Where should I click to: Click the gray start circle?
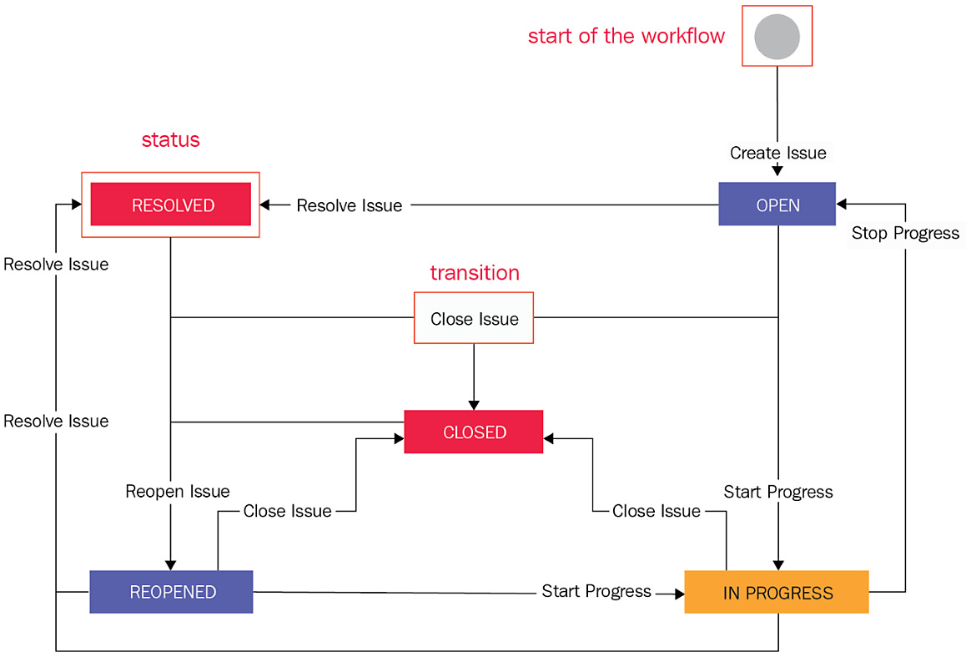coord(777,36)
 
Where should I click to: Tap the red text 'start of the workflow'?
coord(626,36)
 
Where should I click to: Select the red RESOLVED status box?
coord(171,205)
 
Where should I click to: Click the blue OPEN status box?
coord(777,205)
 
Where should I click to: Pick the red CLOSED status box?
coord(474,432)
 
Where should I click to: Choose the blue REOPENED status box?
coord(172,592)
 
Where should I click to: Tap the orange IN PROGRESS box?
coord(777,593)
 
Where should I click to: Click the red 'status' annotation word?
coord(170,139)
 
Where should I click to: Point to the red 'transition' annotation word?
coord(474,273)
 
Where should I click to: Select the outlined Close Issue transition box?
coord(474,318)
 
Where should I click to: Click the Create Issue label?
coord(777,153)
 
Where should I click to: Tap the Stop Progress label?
coord(905,233)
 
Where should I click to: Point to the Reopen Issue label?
coord(177,491)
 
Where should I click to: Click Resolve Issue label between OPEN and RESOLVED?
coord(349,205)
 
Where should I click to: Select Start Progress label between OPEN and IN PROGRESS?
coord(777,492)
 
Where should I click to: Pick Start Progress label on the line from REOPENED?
coord(596,591)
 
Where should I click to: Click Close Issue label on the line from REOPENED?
coord(287,511)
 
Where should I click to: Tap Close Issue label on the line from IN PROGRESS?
coord(656,511)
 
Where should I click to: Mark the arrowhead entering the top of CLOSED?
coord(474,405)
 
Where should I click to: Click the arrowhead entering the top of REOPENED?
coord(170,564)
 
